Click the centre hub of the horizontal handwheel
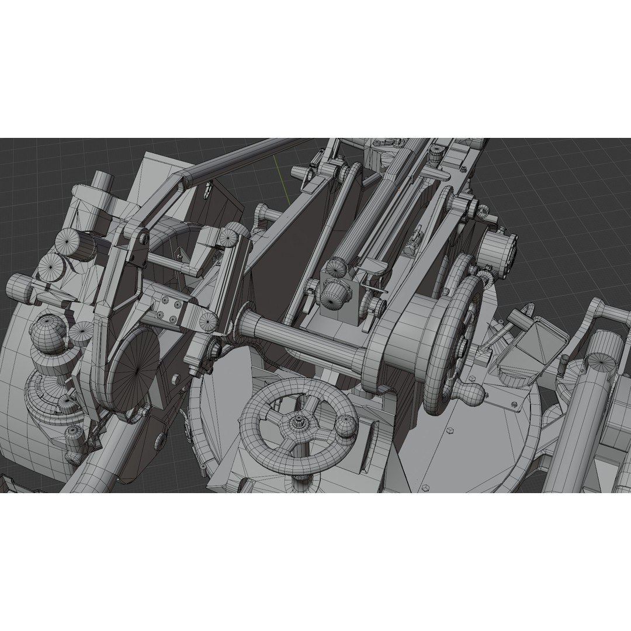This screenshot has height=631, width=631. [x=299, y=421]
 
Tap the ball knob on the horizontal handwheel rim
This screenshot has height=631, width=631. [x=345, y=428]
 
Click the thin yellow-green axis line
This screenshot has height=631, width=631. [x=281, y=178]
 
